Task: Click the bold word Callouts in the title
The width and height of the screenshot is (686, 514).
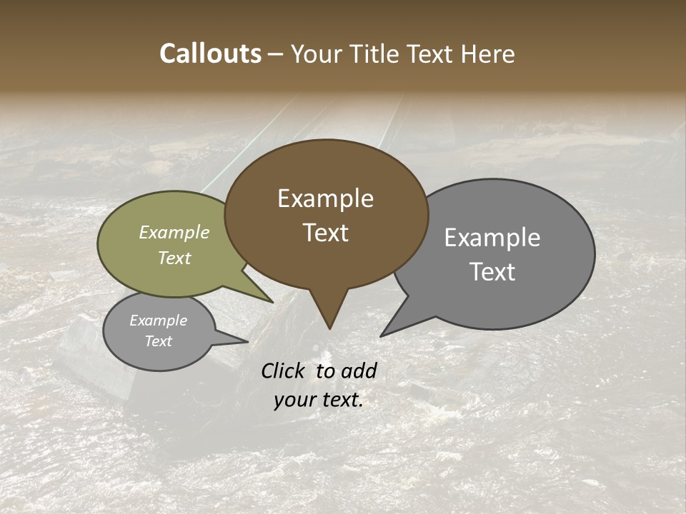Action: [211, 54]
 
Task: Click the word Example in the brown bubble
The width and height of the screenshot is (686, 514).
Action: [325, 198]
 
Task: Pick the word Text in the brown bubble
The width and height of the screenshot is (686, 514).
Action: [325, 233]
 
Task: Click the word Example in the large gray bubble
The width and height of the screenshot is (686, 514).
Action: [492, 238]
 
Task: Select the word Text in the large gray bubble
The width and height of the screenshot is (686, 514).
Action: [492, 272]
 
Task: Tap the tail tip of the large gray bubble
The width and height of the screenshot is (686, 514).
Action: [382, 336]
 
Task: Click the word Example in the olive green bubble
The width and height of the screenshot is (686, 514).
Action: [174, 233]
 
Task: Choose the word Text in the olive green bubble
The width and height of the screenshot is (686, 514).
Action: [174, 258]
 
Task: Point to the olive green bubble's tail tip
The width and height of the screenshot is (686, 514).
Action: [272, 302]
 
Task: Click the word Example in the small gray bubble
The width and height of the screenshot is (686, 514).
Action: [158, 321]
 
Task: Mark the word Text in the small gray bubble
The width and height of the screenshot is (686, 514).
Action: [158, 341]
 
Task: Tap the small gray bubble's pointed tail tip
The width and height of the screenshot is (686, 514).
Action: [247, 341]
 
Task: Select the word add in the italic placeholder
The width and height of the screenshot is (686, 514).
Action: [359, 371]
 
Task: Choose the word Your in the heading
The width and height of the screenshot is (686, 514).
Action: [317, 54]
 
